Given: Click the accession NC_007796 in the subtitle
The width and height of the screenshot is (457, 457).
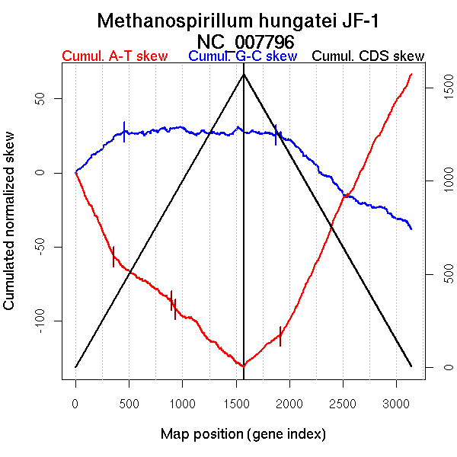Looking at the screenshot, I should coord(244,41).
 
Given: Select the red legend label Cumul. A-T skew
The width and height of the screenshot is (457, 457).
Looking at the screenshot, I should coord(114,56).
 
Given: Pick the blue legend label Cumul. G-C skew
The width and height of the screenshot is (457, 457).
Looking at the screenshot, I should coord(242,56).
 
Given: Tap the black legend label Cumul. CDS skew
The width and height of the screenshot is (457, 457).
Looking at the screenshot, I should coord(369,56).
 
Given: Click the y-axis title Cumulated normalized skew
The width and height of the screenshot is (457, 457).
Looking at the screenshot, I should coord(10,229).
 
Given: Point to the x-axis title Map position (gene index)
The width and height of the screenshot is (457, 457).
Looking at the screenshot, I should coord(243,434).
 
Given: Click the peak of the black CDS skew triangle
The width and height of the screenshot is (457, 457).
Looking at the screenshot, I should coord(244,74).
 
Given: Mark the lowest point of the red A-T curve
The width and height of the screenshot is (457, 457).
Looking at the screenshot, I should coord(242,366).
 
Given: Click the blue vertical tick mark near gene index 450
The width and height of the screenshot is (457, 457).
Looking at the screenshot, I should coord(124,132).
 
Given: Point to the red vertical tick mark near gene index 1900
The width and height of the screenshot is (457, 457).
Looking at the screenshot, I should coord(280,336).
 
